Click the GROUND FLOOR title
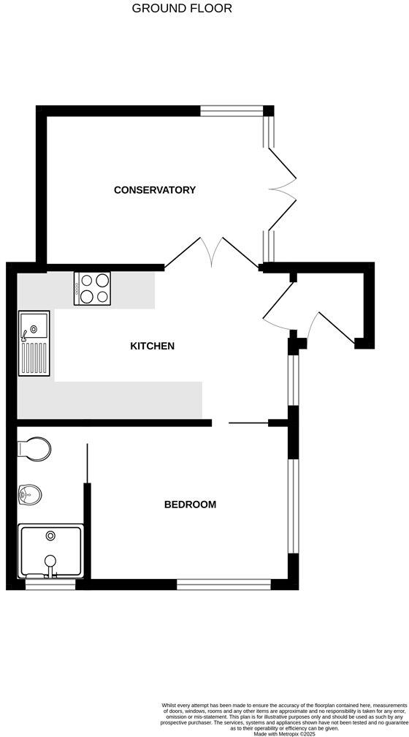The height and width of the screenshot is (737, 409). [182, 9]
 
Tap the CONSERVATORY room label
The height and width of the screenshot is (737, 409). [155, 190]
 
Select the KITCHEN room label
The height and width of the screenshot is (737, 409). [152, 346]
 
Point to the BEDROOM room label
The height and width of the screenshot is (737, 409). [190, 504]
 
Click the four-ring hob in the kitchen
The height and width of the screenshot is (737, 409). [92, 287]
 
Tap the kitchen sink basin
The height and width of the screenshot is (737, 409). [34, 325]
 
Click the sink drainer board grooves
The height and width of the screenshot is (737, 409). [34, 359]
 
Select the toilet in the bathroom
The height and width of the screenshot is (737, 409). [34, 447]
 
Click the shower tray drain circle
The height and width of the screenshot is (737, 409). [50, 536]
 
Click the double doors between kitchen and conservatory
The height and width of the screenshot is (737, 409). [212, 252]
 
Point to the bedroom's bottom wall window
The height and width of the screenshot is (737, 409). [223, 584]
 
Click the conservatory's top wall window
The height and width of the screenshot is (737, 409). [232, 111]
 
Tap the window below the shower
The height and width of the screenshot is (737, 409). [50, 584]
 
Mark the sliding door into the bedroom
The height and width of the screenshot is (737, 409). [248, 423]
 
